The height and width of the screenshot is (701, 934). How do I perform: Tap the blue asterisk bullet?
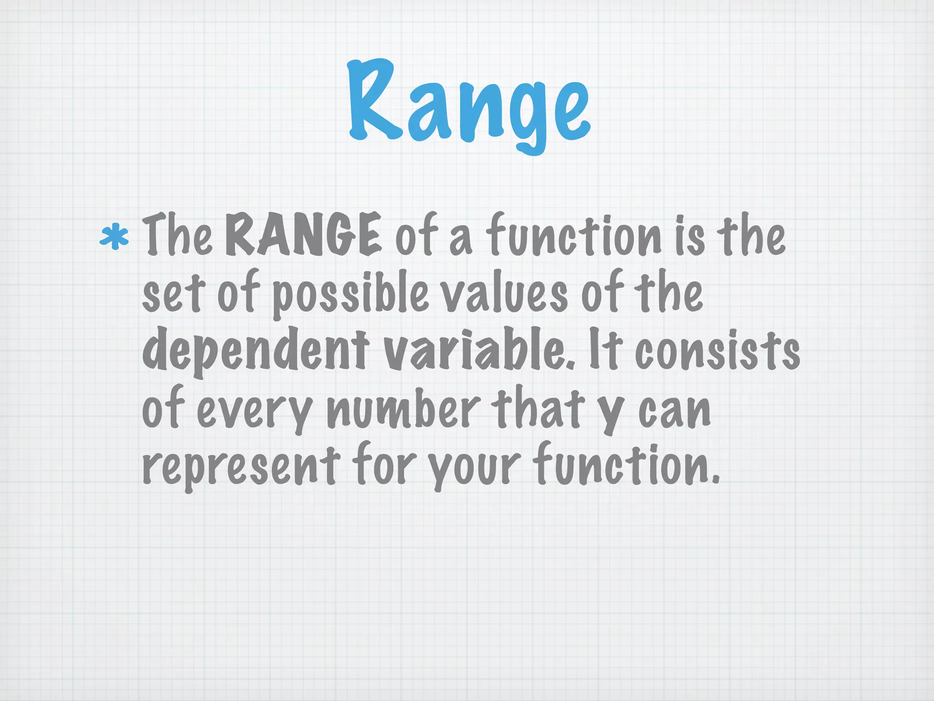click(114, 236)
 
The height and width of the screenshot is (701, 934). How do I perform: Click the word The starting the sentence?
click(177, 235)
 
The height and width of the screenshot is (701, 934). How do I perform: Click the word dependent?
click(255, 351)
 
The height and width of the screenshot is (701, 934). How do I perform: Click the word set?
click(173, 294)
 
